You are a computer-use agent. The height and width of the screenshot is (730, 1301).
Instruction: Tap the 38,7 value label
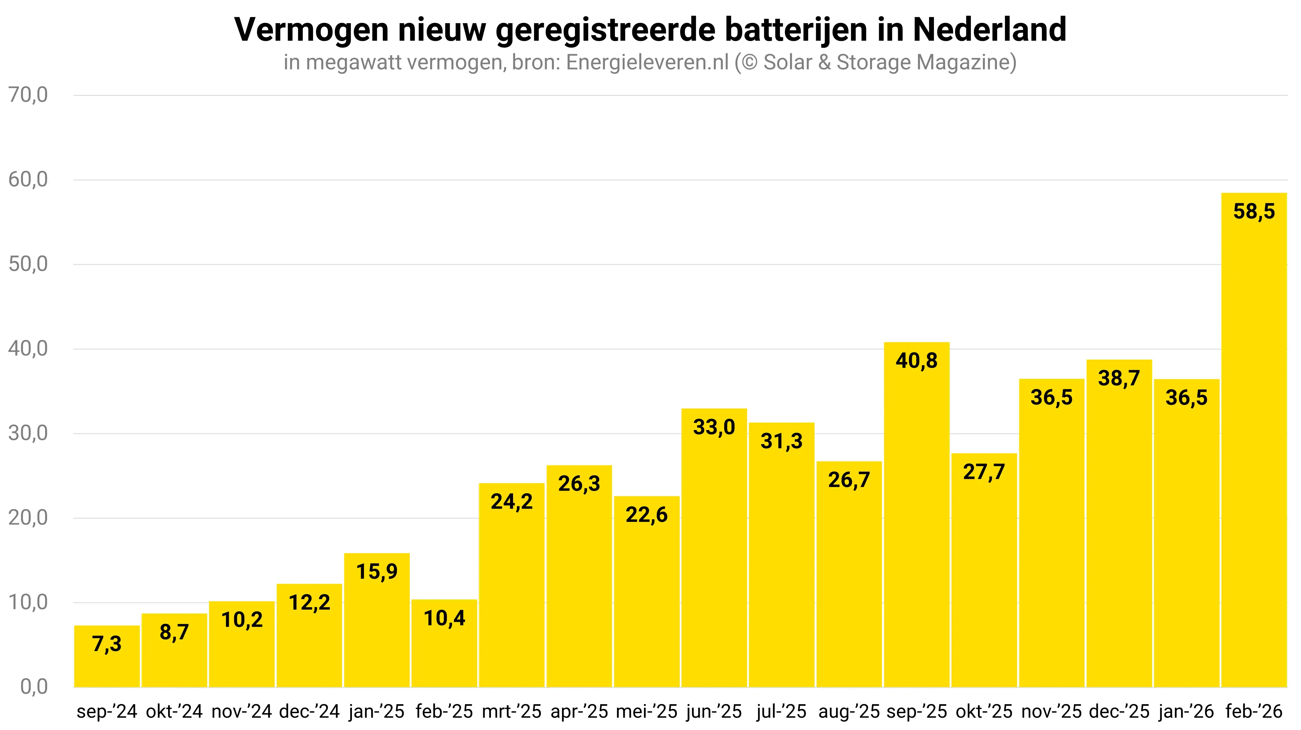coord(1119,378)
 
